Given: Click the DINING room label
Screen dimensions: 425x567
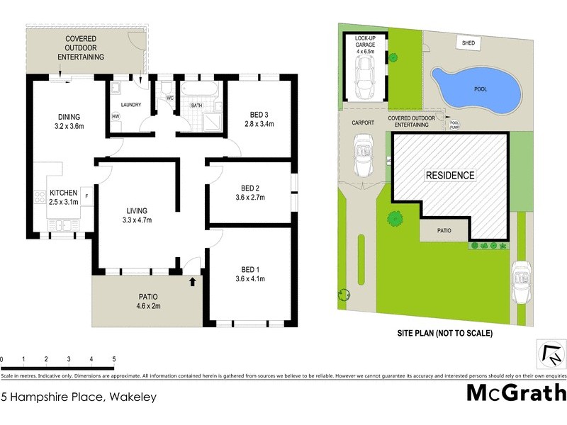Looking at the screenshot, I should [69, 118].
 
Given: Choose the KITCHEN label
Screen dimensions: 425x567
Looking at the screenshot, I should [62, 193].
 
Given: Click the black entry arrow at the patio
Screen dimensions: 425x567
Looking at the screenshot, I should [192, 282].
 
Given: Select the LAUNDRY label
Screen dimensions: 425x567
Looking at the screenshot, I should [131, 106].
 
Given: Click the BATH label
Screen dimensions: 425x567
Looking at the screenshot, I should [197, 106].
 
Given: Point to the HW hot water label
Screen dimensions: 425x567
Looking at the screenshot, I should [115, 117].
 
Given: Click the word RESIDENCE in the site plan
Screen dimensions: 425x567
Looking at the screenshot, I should [450, 175].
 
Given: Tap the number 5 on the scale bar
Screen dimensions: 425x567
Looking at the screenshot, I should [113, 359].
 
